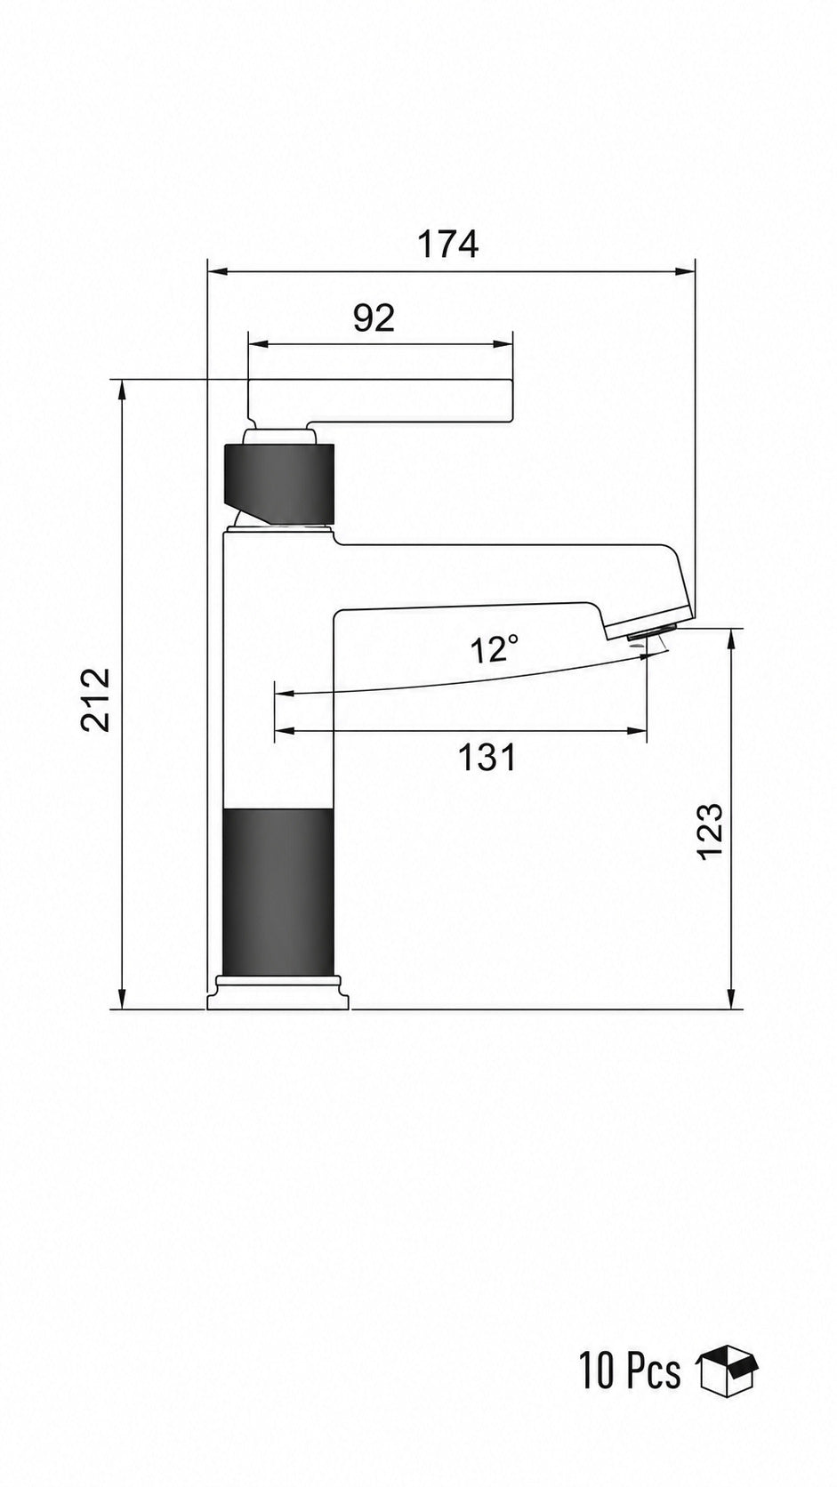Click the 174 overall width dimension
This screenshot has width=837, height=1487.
tap(447, 245)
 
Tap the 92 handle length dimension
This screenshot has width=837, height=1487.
tap(374, 318)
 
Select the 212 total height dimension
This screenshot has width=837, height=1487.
tap(95, 700)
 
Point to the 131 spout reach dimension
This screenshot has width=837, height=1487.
tap(487, 758)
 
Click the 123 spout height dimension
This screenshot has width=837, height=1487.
tap(710, 832)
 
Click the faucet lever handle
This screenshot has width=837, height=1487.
tap(381, 403)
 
